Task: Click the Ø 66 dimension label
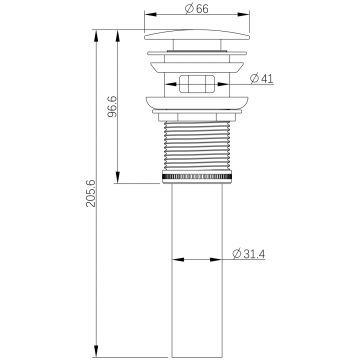coord(197,9)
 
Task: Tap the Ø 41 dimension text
coord(262,78)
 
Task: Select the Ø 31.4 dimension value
coord(249,254)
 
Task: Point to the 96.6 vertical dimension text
coord(113,106)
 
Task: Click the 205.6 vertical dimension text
coord(91,193)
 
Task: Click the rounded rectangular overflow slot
coord(197,84)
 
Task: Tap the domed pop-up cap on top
coord(197,35)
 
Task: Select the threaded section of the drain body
coord(197,146)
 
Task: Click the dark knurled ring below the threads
coord(197,177)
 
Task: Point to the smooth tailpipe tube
coord(197,270)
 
